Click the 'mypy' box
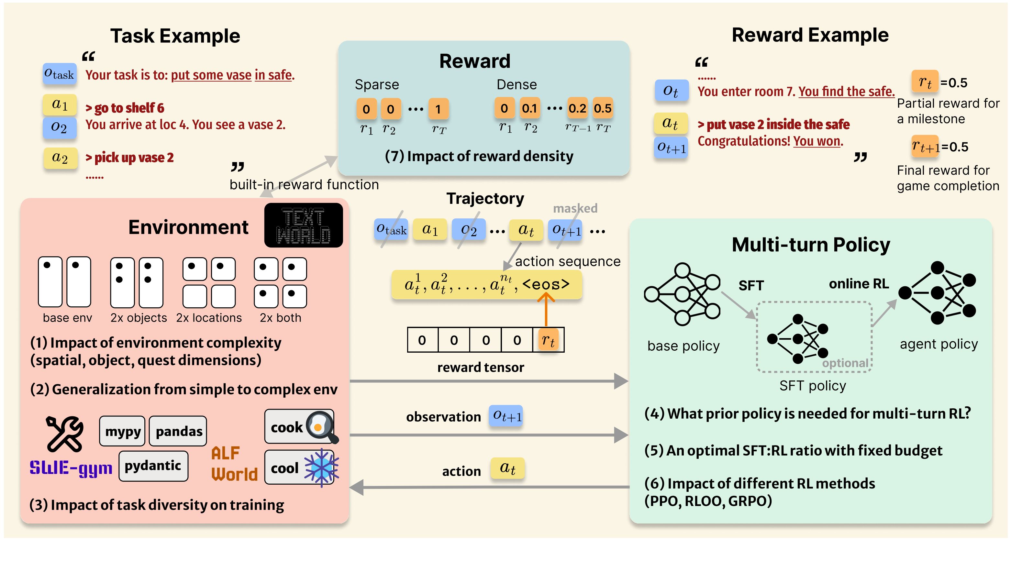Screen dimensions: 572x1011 122,431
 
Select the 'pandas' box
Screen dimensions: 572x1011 178,431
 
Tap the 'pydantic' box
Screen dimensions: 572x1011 153,466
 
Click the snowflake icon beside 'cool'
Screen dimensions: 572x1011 321,467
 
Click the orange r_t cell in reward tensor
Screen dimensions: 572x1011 548,340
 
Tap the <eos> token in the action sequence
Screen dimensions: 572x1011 546,284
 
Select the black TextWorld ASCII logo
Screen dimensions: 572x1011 303,225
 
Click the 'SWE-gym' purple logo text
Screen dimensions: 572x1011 71,468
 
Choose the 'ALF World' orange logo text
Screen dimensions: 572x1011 234,464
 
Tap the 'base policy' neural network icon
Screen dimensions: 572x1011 683,294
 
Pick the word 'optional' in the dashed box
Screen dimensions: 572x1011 845,363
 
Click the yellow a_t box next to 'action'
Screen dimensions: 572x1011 507,468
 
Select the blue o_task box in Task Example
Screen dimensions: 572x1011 59,74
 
